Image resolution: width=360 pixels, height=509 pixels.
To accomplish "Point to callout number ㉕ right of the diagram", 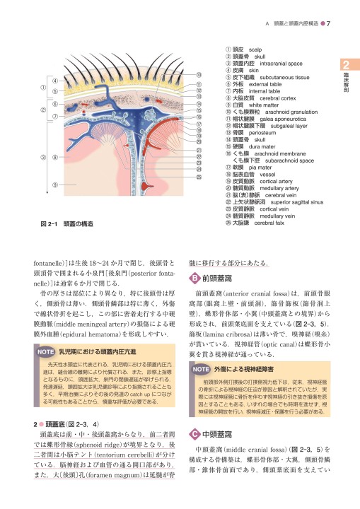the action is coord(200,177).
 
